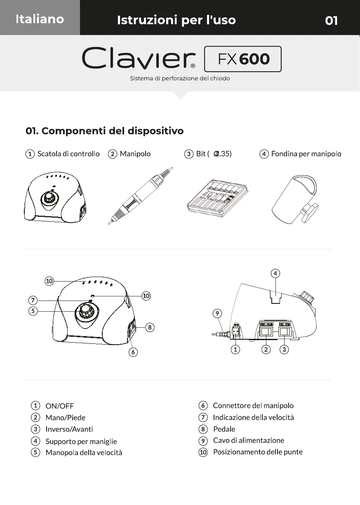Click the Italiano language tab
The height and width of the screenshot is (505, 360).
(x=40, y=19)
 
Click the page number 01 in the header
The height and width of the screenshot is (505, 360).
(x=331, y=20)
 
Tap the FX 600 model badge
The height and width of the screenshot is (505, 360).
(x=243, y=59)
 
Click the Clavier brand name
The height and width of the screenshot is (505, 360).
(x=139, y=59)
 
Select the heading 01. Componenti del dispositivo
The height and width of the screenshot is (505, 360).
(x=104, y=131)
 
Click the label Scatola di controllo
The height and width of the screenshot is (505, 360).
(x=68, y=154)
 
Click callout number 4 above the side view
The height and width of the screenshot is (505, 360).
(x=275, y=273)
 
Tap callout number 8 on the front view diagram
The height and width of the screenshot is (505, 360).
(x=150, y=327)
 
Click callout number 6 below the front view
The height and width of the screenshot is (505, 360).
(x=133, y=352)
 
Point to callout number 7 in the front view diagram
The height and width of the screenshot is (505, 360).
(x=33, y=300)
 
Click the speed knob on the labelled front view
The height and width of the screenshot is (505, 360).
(x=86, y=311)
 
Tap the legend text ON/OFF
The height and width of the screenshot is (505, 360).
(x=59, y=406)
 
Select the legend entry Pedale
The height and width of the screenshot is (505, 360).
(x=224, y=429)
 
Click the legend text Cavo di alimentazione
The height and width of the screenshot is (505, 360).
(x=248, y=440)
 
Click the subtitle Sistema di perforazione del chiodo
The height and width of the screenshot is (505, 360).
(x=180, y=78)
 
